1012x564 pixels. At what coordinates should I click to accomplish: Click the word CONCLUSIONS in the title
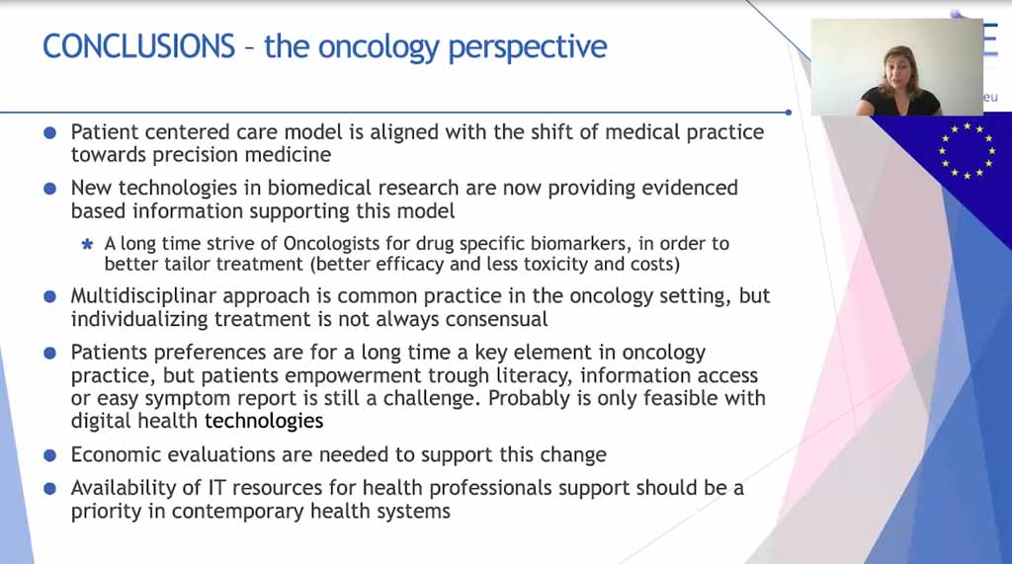(138, 46)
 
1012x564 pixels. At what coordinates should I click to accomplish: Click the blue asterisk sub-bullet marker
(87, 245)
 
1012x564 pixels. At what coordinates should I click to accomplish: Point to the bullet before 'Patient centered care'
(49, 133)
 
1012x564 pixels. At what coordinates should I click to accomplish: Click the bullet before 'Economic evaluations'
(49, 455)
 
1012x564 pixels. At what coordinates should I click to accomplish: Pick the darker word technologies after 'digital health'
(264, 422)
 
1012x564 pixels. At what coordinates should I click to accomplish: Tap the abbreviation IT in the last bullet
(216, 488)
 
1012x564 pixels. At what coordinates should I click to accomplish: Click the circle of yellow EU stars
(967, 150)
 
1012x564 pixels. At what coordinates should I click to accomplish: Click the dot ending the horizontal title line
(788, 113)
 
